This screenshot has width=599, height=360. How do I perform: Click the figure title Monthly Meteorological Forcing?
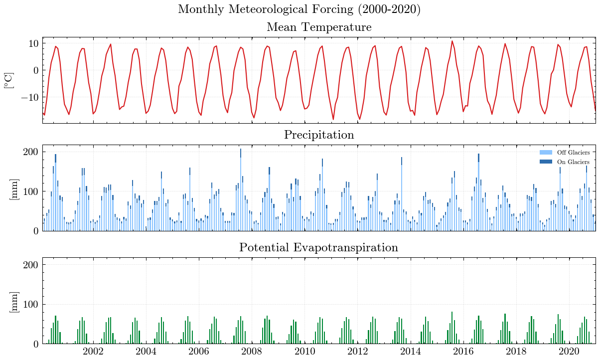[299, 9]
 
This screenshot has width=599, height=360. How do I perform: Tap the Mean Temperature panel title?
[319, 27]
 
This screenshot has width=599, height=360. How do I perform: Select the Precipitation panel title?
[319, 135]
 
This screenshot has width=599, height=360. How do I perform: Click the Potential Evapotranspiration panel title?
[319, 247]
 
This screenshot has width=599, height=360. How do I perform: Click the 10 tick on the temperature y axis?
[33, 43]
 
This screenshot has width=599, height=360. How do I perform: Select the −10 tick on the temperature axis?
[29, 97]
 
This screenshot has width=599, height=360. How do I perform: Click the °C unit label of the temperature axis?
[9, 80]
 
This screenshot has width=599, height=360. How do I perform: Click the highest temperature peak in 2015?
[452, 41]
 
